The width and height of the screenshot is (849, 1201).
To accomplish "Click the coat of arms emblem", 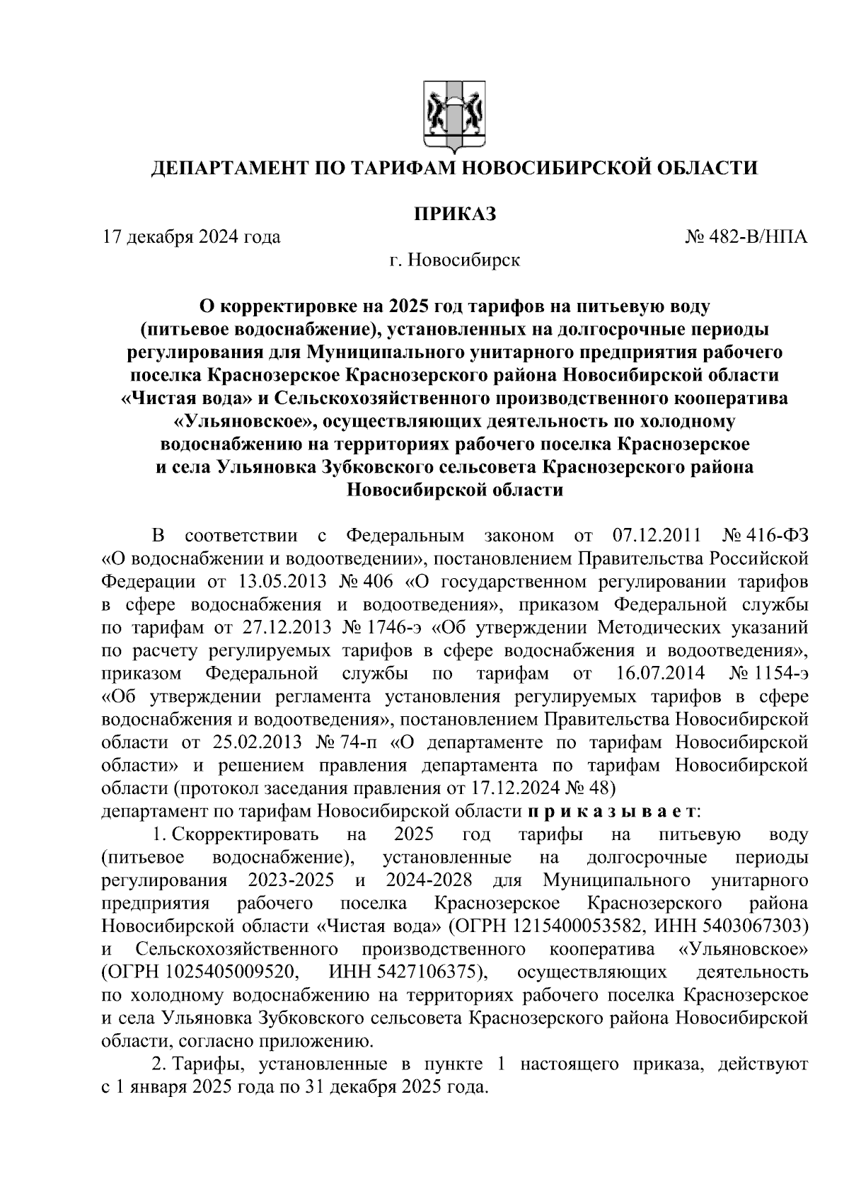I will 454,117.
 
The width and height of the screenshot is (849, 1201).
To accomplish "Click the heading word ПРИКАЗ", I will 454,214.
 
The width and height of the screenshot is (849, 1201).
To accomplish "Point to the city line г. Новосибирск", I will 454,260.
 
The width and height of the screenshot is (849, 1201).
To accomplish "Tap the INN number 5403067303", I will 751,926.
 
